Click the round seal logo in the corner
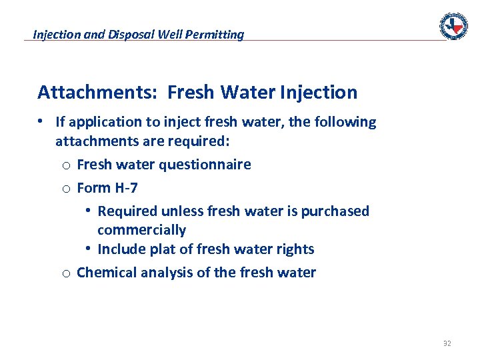point(453,26)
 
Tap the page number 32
point(447,344)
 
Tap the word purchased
point(335,211)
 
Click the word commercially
point(141,230)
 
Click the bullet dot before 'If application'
point(41,121)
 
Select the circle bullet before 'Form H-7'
point(66,189)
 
